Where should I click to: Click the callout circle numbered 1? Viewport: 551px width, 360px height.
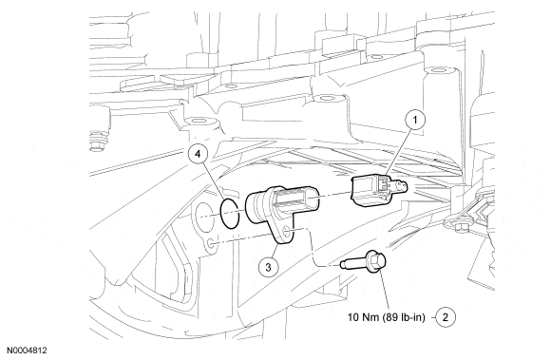point(415,120)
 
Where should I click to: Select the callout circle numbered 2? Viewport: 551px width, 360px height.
point(446,317)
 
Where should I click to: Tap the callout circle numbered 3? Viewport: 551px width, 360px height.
point(269,267)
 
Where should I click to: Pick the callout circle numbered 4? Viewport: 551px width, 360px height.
point(199,154)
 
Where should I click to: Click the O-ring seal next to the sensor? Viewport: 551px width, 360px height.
point(221,214)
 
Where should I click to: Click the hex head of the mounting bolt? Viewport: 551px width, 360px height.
point(375,261)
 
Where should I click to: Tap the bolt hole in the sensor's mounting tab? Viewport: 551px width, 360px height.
point(286,231)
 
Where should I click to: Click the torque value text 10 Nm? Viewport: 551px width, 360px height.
point(363,317)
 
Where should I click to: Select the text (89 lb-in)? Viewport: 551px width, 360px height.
point(404,317)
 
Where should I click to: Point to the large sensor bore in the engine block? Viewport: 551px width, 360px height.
point(204,217)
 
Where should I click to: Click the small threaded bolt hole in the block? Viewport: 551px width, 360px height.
point(211,244)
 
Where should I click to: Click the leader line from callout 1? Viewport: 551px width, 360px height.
point(400,151)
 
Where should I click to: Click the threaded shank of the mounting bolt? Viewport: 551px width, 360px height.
point(353,263)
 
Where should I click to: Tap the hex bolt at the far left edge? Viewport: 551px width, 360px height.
point(99,142)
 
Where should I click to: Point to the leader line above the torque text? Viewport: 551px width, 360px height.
point(384,292)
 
